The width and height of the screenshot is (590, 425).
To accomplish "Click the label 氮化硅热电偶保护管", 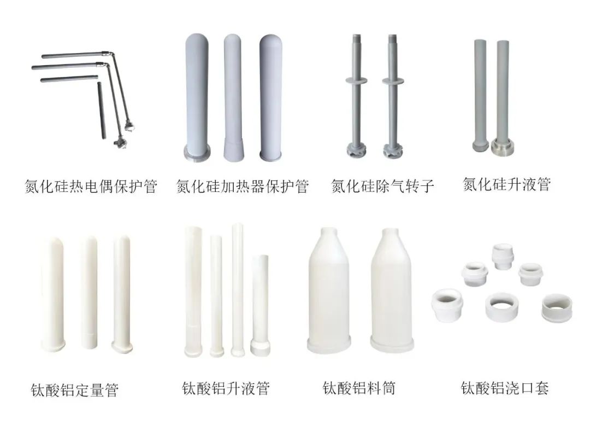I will [x=91, y=187].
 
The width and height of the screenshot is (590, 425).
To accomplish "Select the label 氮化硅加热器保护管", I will [x=243, y=187].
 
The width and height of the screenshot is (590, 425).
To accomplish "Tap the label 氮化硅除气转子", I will [x=383, y=187].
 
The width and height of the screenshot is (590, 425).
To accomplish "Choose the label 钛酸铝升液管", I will [x=226, y=389].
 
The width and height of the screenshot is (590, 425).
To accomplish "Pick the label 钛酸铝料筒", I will [x=359, y=388].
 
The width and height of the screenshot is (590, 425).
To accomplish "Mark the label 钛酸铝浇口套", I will [x=505, y=388].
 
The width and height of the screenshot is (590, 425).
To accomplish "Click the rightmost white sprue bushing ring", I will [x=557, y=308].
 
